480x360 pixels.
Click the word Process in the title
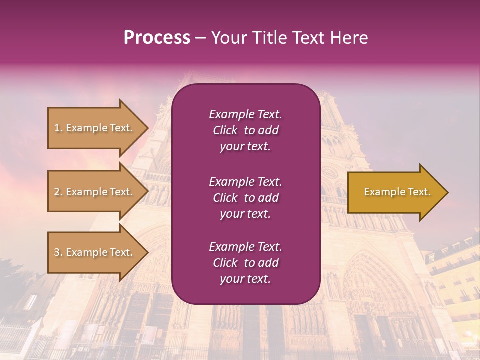pyautogui.click(x=157, y=38)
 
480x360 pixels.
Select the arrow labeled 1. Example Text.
pyautogui.click(x=95, y=128)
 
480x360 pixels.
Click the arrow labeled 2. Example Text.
pyautogui.click(x=95, y=192)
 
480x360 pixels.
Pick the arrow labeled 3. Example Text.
pyautogui.click(x=95, y=252)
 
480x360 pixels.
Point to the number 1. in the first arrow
pyautogui.click(x=58, y=128)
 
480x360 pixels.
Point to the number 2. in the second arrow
pyautogui.click(x=58, y=192)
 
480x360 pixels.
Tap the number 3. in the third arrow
pyautogui.click(x=58, y=252)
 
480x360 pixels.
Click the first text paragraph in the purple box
pyautogui.click(x=245, y=130)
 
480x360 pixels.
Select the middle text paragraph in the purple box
pyautogui.click(x=245, y=197)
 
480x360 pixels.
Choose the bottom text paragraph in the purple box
pyautogui.click(x=245, y=263)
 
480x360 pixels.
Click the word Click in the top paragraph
pyautogui.click(x=225, y=130)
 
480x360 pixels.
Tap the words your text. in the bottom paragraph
pyautogui.click(x=245, y=279)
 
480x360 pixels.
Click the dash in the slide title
pyautogui.click(x=200, y=38)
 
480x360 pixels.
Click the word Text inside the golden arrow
pyautogui.click(x=419, y=192)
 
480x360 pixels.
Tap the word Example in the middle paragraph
pyautogui.click(x=231, y=181)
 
